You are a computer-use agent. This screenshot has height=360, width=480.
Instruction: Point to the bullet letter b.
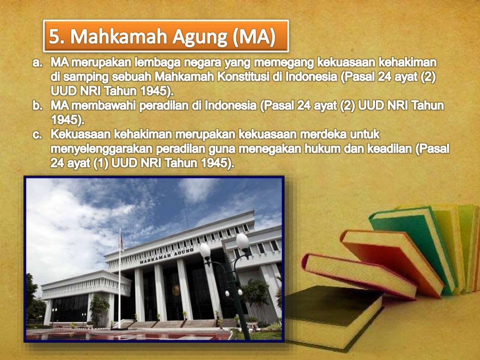(37, 106)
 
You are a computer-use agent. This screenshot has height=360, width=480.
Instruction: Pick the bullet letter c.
(37, 135)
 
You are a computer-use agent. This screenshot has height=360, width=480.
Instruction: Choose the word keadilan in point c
(392, 149)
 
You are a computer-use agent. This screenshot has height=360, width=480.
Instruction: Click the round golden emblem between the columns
(176, 290)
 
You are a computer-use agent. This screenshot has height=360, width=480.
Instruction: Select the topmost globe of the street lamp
(242, 241)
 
